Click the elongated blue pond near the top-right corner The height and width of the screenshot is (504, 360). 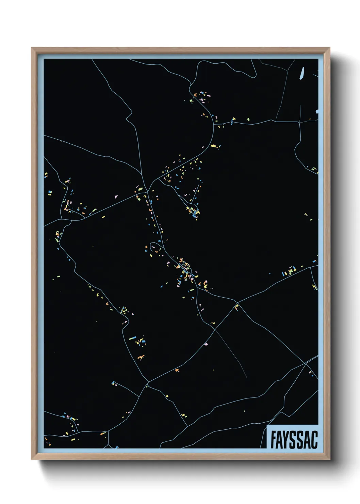click(301, 73)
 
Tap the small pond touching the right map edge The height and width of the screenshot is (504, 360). click(317, 111)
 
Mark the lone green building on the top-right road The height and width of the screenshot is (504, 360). click(248, 120)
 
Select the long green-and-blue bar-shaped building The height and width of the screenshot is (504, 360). click(133, 338)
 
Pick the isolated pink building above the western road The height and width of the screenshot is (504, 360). click(116, 196)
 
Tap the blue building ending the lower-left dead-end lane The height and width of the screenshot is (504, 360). click(113, 383)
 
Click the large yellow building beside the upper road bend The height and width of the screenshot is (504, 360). click(214, 146)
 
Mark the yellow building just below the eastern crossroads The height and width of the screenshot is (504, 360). click(236, 307)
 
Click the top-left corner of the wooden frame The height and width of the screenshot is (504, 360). click(32, 48)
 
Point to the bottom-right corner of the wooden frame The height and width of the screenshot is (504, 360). click(329, 459)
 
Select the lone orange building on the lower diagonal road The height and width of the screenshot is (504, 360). click(177, 370)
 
